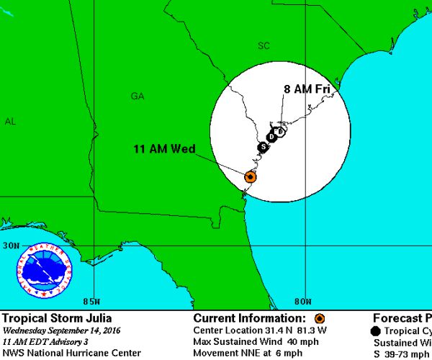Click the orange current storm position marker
[250, 176]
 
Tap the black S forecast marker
[264, 147]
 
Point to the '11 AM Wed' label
[164, 149]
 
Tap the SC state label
[264, 46]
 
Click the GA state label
[138, 96]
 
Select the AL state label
[10, 122]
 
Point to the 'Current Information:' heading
[252, 318]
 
